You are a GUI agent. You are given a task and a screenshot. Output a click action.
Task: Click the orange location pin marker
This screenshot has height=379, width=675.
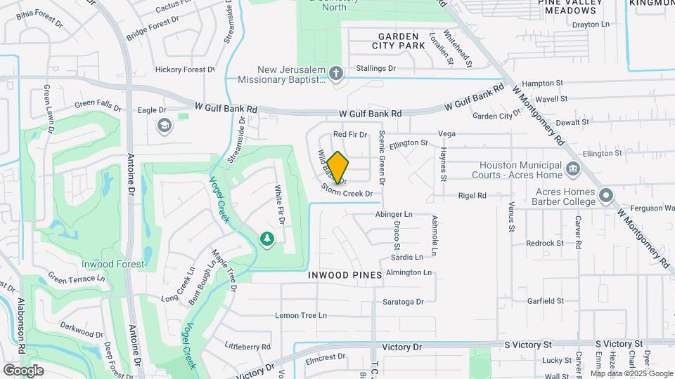(338, 167)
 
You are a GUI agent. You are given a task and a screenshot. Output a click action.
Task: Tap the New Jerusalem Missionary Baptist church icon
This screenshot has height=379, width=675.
(336, 74)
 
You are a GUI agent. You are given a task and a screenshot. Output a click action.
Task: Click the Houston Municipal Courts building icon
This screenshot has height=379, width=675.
(572, 168)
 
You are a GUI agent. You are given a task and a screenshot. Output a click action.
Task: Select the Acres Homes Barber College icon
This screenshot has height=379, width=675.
(607, 194)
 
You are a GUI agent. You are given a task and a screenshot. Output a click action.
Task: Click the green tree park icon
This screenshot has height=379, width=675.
(266, 240)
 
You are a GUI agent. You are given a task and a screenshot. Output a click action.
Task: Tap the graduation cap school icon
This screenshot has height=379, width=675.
(164, 126)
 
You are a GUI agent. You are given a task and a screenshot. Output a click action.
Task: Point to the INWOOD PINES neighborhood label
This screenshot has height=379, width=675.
(345, 275)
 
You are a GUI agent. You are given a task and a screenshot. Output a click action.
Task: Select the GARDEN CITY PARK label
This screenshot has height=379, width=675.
(401, 41)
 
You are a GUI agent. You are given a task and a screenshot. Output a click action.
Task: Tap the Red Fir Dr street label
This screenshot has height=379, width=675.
(350, 134)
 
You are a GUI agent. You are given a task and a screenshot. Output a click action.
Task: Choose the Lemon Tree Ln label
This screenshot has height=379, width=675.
(301, 316)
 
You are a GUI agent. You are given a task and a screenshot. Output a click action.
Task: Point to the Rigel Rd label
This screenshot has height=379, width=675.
(472, 196)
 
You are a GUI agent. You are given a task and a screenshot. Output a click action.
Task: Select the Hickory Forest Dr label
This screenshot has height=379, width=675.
(185, 69)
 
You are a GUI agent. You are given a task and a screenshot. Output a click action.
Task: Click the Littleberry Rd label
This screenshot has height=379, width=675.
(247, 347)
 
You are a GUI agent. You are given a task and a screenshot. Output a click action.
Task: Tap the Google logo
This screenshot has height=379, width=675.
(23, 370)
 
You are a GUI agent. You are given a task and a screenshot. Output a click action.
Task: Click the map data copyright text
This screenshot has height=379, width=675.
(631, 373)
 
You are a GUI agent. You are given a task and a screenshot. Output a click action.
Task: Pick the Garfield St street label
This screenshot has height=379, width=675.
(546, 301)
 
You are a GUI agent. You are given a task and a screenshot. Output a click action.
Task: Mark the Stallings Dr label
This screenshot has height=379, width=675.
(375, 68)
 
